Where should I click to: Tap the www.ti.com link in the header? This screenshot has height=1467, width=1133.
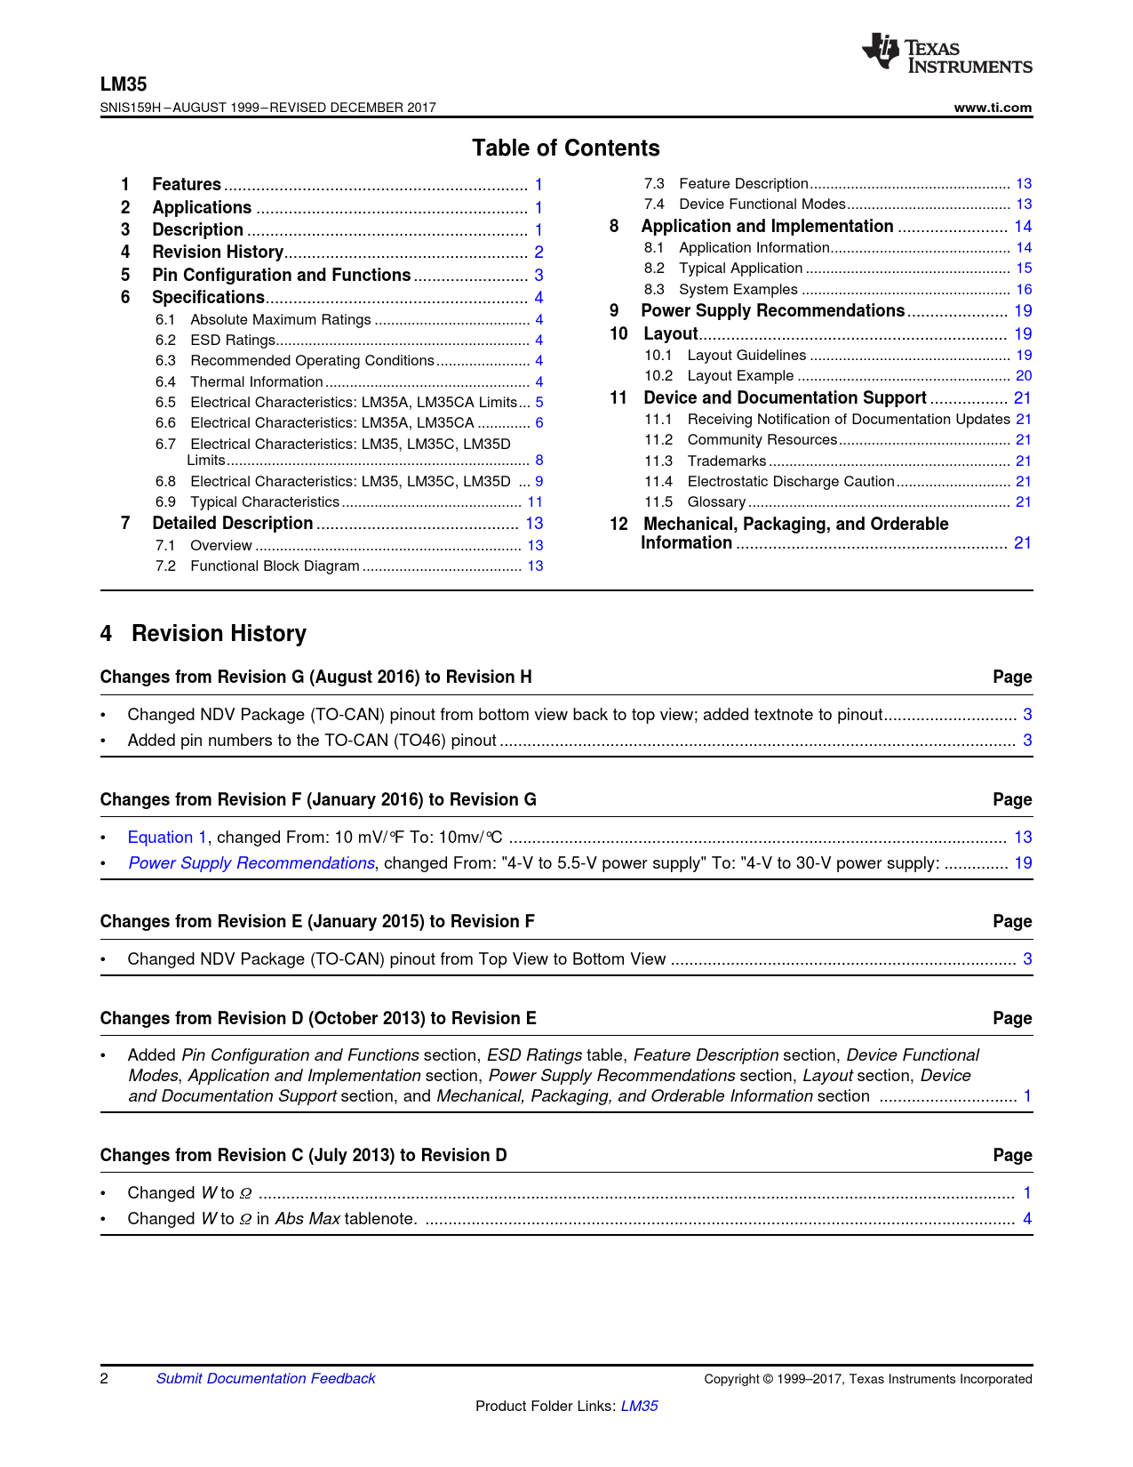click(993, 108)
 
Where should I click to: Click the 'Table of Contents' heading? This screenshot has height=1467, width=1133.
click(566, 148)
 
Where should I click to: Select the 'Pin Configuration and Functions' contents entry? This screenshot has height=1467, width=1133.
click(281, 276)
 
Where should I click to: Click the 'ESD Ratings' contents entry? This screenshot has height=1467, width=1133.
click(233, 341)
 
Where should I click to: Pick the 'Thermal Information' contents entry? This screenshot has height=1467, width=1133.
click(256, 382)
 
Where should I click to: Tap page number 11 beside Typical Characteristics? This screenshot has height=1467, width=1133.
click(535, 502)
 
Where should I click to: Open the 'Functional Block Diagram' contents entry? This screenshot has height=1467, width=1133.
click(275, 566)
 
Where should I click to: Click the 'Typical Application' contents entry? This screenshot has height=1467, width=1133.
click(740, 269)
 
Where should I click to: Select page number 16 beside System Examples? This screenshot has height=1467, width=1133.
click(1024, 290)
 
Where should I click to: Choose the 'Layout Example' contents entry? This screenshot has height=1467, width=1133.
click(740, 376)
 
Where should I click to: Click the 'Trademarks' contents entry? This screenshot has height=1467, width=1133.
click(726, 461)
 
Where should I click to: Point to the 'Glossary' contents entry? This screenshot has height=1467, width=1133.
click(716, 502)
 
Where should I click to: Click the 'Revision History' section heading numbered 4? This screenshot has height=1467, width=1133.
click(219, 634)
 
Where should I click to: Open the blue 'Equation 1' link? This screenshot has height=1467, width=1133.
click(167, 838)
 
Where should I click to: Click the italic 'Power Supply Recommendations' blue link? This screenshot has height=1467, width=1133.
click(251, 863)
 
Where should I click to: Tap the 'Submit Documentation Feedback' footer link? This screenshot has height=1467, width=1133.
click(266, 1379)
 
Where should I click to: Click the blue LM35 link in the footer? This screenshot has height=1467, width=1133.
click(639, 1407)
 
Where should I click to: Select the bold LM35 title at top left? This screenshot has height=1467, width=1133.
click(124, 84)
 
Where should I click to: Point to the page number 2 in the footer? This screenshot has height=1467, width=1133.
click(104, 1379)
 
